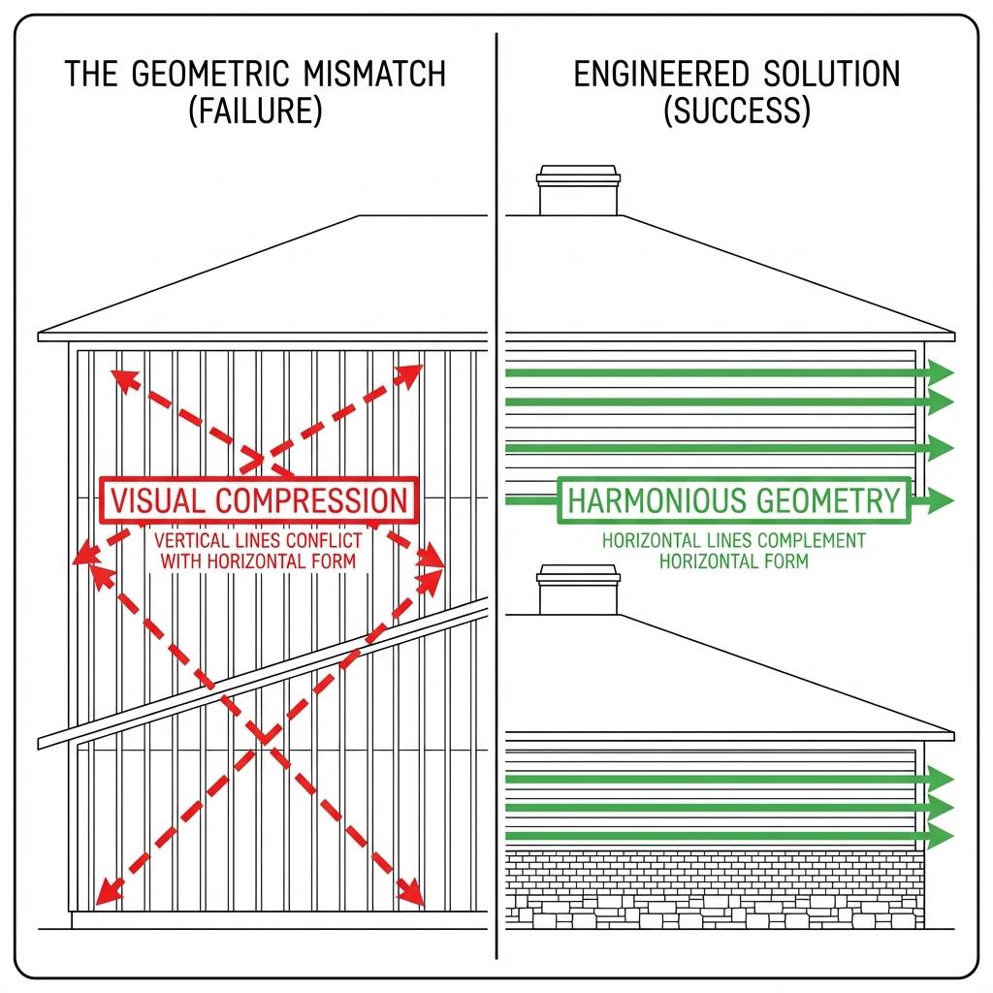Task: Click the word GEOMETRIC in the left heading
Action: (x=207, y=75)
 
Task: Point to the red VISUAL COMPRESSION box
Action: (x=259, y=501)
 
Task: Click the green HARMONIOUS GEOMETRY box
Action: (x=734, y=501)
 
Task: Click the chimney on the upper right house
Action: (x=578, y=190)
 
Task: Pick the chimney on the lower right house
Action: (x=579, y=591)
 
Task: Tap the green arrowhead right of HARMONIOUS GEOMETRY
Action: (x=941, y=500)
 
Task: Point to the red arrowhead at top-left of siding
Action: (x=120, y=376)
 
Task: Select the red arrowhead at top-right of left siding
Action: (x=413, y=371)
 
